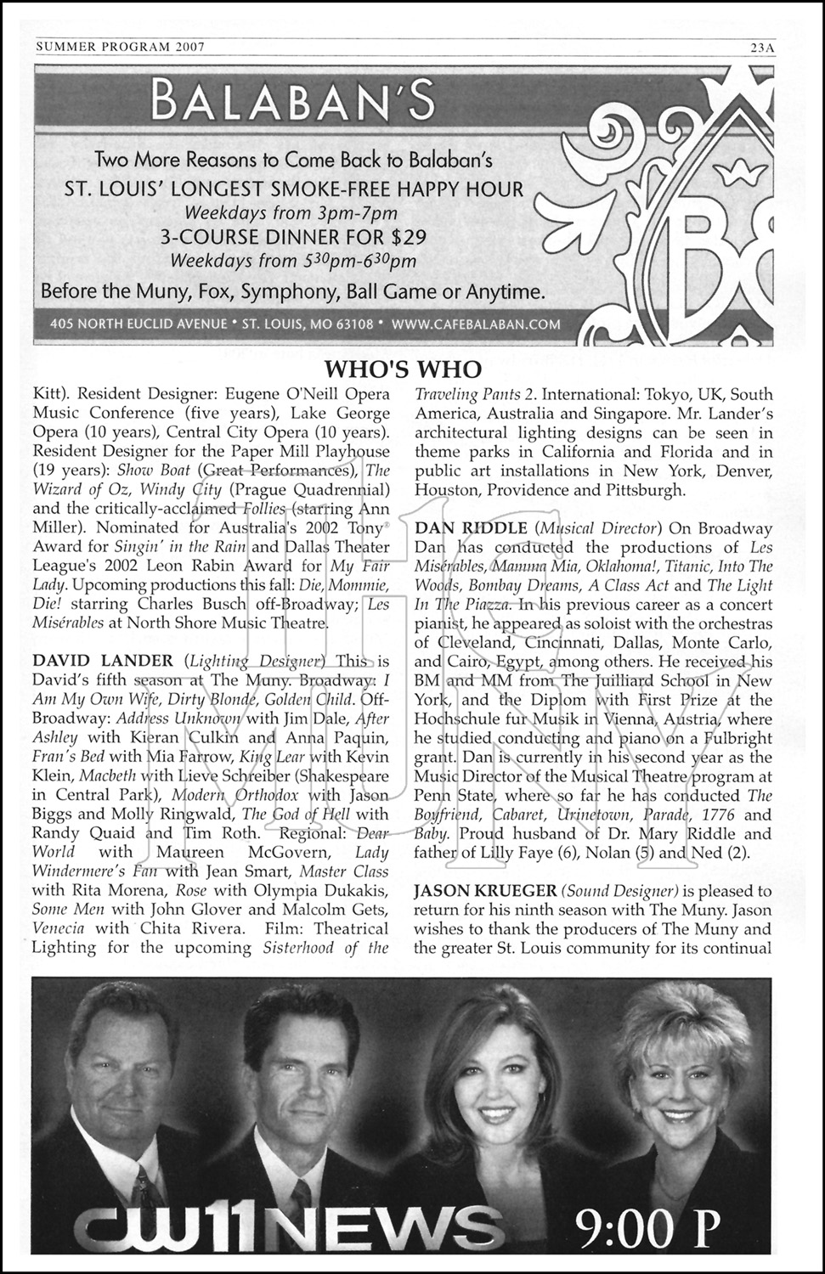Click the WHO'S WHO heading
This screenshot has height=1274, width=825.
[x=404, y=369]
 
